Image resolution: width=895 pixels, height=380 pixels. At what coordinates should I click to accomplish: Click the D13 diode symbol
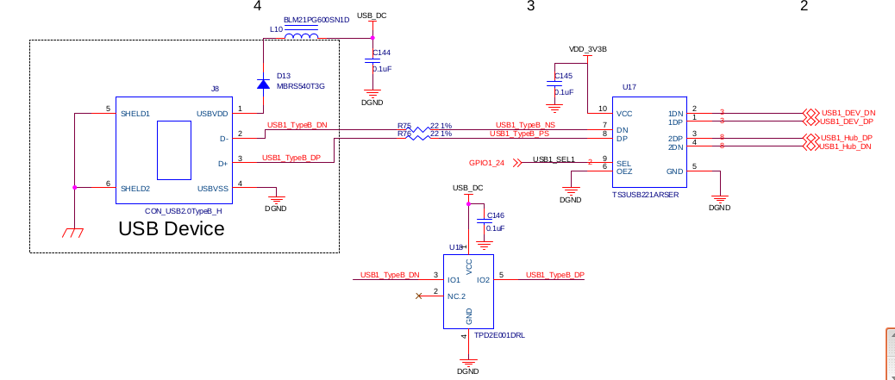click(263, 84)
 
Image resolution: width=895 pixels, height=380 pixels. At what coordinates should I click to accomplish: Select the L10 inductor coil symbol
click(301, 36)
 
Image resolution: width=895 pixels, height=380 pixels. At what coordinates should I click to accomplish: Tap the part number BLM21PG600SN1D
click(316, 19)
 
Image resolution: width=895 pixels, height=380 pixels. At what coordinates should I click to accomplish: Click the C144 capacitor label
click(381, 53)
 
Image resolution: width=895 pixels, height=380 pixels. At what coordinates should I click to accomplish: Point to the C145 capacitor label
click(563, 77)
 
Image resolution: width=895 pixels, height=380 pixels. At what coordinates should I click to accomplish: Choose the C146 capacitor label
click(496, 215)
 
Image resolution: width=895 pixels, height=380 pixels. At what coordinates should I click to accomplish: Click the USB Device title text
click(171, 229)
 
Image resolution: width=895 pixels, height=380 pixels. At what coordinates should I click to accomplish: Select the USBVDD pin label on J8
click(212, 113)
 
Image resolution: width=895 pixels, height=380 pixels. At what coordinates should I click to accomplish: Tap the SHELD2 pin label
click(135, 189)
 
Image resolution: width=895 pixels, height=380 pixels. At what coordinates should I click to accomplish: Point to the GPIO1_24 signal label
click(486, 162)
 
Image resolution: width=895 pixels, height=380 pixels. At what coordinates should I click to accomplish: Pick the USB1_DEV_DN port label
click(848, 113)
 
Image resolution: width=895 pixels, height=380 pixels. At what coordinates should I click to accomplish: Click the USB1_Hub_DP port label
click(846, 138)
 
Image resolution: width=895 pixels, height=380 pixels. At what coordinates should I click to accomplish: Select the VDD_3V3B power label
click(588, 49)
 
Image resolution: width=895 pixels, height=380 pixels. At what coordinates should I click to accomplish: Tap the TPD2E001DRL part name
click(499, 335)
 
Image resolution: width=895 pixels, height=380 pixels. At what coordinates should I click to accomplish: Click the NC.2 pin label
click(457, 296)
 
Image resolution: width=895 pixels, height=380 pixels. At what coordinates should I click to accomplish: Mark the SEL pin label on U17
click(623, 163)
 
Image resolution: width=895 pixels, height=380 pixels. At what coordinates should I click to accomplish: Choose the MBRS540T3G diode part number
click(300, 86)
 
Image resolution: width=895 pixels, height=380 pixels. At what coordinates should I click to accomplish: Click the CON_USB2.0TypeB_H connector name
click(183, 210)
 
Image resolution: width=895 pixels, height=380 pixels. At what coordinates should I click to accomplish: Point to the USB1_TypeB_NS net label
click(525, 125)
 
